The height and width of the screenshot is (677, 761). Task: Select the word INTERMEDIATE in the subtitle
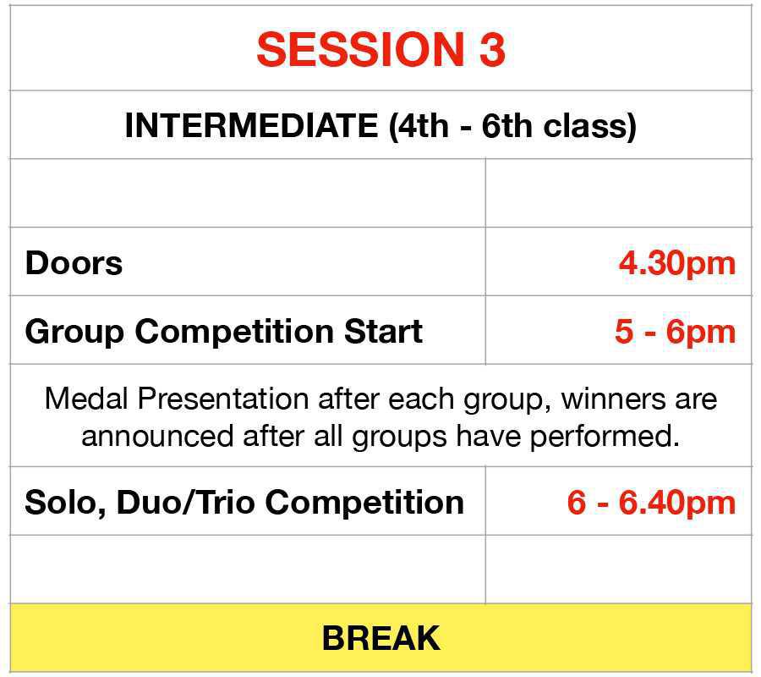(251, 126)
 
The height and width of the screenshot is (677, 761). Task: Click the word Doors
(74, 263)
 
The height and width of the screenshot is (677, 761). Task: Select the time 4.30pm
(676, 263)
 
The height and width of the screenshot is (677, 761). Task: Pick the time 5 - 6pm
(675, 332)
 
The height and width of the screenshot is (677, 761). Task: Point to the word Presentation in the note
(213, 399)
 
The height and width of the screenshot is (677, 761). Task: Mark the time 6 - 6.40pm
(651, 503)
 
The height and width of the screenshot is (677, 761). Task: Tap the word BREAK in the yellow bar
(380, 638)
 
